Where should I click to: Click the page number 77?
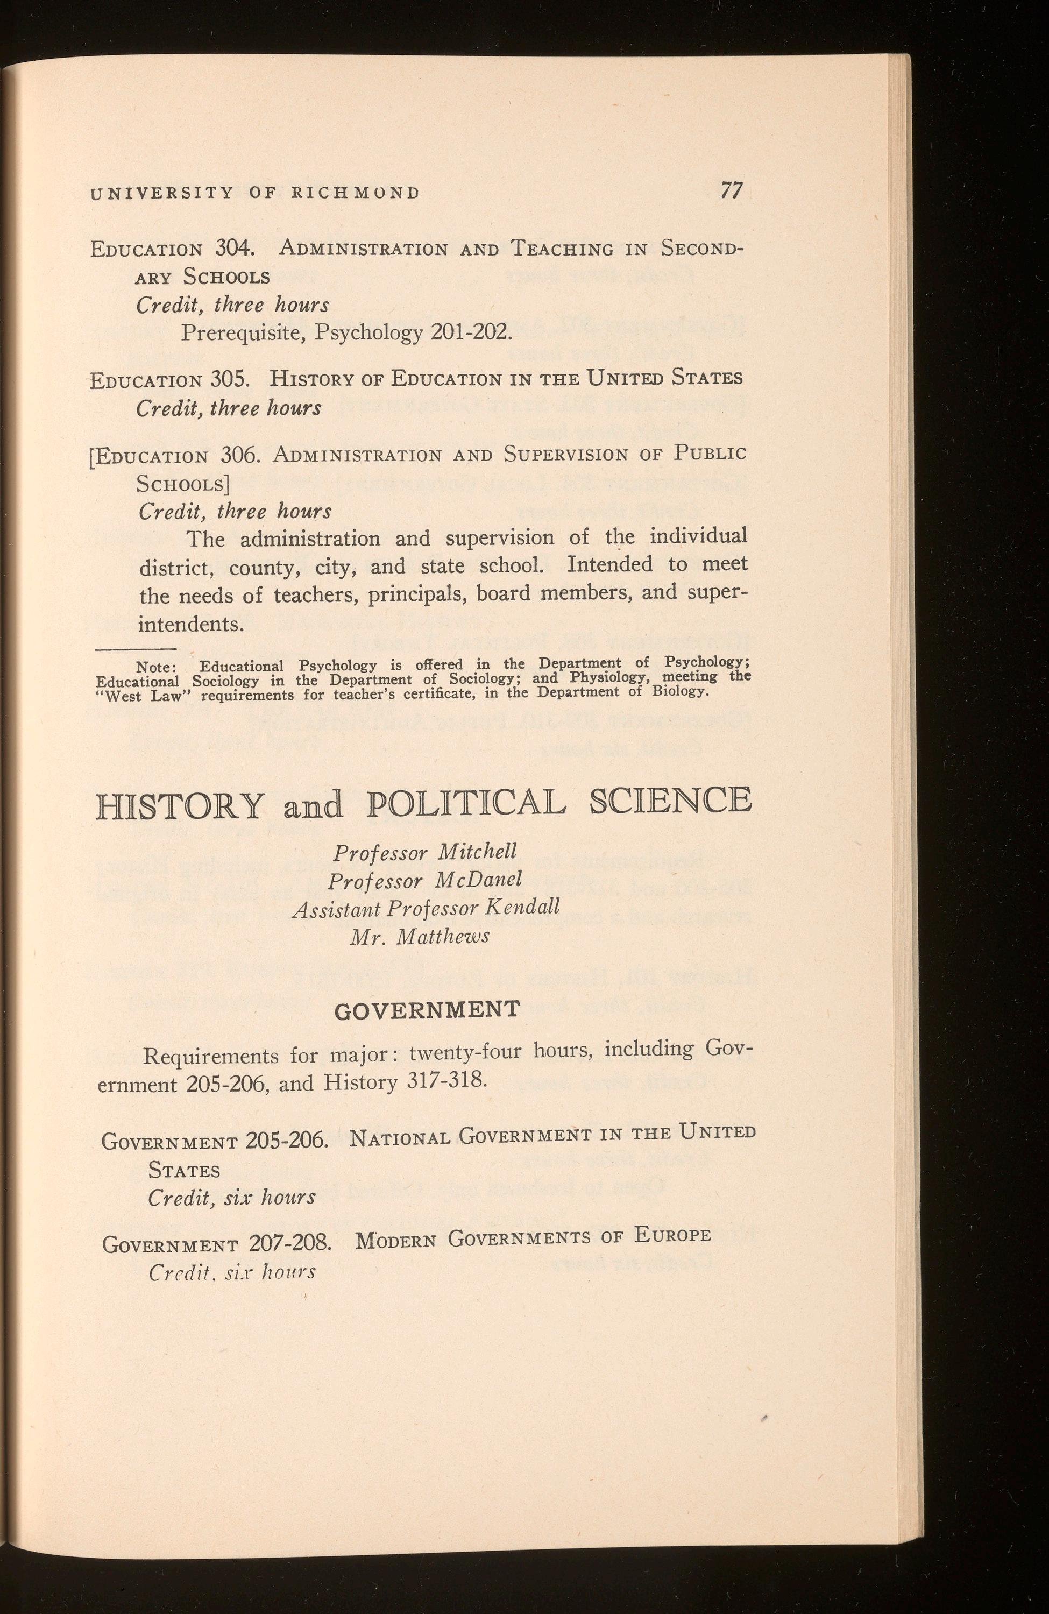(731, 190)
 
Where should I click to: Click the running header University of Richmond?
(255, 193)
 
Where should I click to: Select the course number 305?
(231, 378)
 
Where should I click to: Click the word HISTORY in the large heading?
(180, 805)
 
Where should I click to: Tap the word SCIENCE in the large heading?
(670, 802)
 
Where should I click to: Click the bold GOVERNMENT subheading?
(427, 1010)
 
